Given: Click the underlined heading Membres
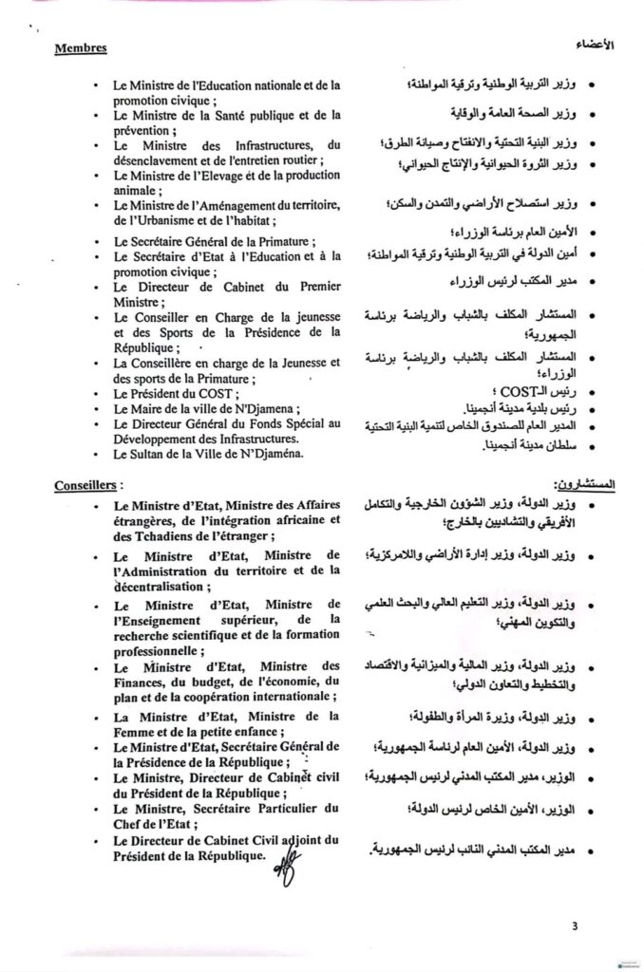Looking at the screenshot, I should (80, 48).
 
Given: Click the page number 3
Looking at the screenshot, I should (575, 926).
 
